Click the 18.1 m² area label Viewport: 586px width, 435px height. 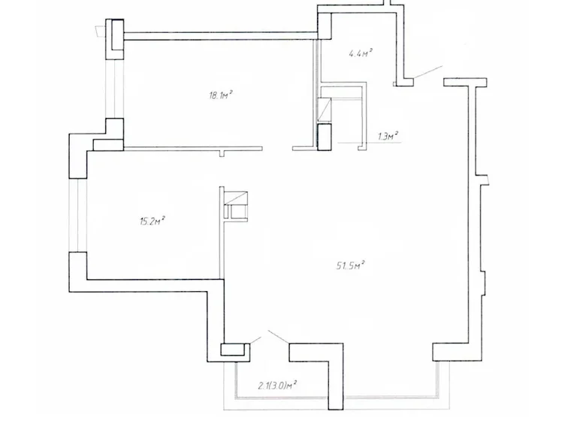(220, 95)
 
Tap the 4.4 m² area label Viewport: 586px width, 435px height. (361, 53)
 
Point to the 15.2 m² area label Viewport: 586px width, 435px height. (153, 220)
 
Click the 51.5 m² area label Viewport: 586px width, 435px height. (351, 265)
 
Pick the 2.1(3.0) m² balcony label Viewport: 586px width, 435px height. (276, 385)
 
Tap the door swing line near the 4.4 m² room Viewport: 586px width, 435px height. (426, 73)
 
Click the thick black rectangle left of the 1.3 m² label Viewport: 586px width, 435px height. (324, 137)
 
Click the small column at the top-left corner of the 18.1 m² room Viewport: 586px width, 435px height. (117, 37)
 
